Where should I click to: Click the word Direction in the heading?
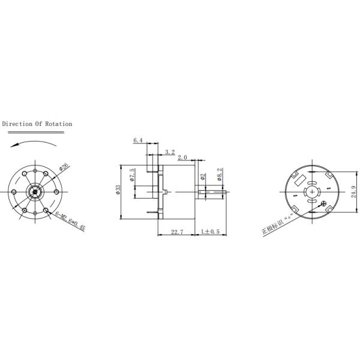click(19, 124)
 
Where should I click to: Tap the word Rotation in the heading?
click(59, 124)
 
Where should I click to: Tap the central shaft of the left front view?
click(35, 192)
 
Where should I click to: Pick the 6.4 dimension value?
click(138, 140)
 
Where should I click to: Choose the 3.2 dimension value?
click(169, 152)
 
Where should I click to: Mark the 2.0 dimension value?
click(182, 158)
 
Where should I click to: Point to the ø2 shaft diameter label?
click(203, 176)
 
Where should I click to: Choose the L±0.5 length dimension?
click(211, 231)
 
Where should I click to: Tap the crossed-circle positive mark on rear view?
click(325, 207)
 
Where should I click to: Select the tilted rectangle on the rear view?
click(299, 179)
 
